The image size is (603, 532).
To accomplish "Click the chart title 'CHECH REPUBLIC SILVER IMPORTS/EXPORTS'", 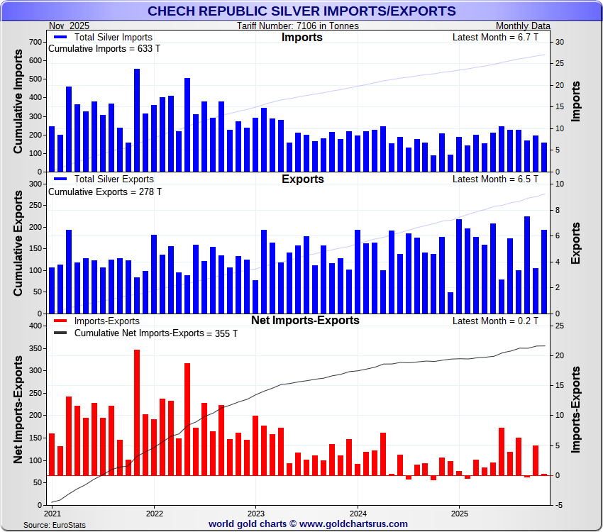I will tap(301, 11).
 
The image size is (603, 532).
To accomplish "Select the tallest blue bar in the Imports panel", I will tap(137, 121).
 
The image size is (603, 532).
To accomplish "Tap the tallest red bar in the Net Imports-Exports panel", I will tap(137, 412).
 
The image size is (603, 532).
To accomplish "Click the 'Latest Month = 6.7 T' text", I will tap(495, 38).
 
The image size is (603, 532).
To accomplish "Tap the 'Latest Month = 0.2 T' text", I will tap(495, 321).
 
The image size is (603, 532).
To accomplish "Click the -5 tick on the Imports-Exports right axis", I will tap(559, 505).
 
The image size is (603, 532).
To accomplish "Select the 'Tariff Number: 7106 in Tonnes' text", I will tap(298, 26).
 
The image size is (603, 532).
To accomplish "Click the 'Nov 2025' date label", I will tap(70, 26).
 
